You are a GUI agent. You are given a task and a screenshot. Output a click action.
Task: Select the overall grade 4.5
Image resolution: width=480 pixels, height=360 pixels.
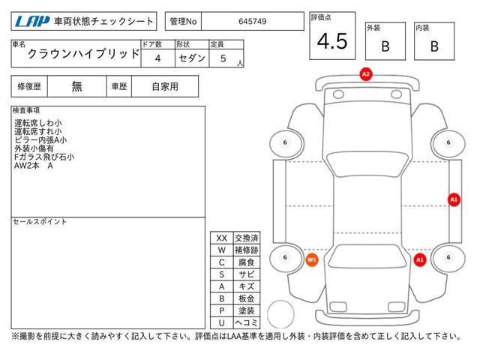pyautogui.click(x=332, y=42)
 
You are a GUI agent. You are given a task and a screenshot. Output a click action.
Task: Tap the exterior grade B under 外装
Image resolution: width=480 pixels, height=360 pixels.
pyautogui.click(x=385, y=46)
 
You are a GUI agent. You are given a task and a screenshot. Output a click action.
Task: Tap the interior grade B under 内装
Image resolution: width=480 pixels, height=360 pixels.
pyautogui.click(x=434, y=46)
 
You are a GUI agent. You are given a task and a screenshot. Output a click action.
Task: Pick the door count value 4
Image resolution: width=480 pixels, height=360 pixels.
pyautogui.click(x=157, y=58)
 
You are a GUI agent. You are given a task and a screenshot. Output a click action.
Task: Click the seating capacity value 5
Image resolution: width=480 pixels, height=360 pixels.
pyautogui.click(x=223, y=58)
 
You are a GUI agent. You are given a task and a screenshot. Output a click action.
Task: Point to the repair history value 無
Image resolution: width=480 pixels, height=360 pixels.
pyautogui.click(x=77, y=86)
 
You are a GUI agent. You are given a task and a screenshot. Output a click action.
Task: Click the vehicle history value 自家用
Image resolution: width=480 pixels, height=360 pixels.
pyautogui.click(x=165, y=86)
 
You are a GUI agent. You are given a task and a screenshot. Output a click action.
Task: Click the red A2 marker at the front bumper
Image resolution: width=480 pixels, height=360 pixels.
pyautogui.click(x=366, y=74)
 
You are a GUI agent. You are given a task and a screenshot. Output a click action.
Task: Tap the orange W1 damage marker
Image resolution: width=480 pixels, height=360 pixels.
pyautogui.click(x=313, y=259)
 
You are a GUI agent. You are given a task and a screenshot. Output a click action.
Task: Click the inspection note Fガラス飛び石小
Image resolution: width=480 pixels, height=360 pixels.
pyautogui.click(x=44, y=157)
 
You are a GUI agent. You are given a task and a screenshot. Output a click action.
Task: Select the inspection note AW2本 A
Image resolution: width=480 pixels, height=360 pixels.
pyautogui.click(x=34, y=166)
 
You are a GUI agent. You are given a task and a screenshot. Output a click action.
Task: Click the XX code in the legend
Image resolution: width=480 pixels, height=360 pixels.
pyautogui.click(x=222, y=238)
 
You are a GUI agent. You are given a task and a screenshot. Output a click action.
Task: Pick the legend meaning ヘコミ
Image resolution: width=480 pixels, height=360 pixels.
pyautogui.click(x=245, y=322)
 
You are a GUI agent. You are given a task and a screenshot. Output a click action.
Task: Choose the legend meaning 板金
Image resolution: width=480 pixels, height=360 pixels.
pyautogui.click(x=245, y=298)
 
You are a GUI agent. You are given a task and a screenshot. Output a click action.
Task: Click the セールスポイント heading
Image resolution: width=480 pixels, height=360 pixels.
pyautogui.click(x=40, y=222)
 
